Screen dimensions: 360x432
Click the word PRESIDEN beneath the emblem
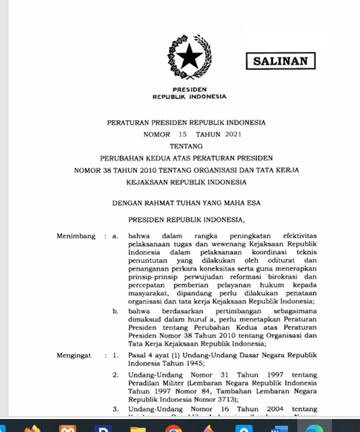(189, 89)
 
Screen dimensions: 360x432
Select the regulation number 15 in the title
(163, 135)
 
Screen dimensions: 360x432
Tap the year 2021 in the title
(220, 135)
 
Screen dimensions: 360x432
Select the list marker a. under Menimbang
(115, 235)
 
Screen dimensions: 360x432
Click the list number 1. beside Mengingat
(115, 356)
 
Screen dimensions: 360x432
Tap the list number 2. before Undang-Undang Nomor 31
(115, 375)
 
